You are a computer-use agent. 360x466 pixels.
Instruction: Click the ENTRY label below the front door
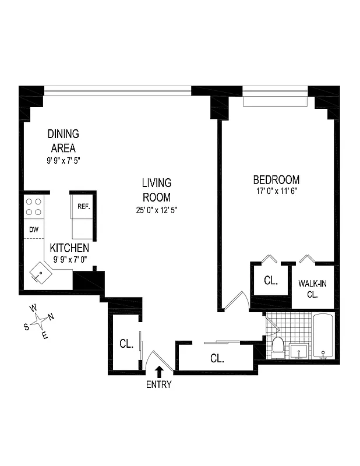coord(158,384)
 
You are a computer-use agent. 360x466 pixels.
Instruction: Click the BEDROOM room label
coord(276,179)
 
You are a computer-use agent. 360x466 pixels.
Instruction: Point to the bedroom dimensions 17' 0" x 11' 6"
coord(276,190)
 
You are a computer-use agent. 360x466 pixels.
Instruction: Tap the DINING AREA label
coord(62,140)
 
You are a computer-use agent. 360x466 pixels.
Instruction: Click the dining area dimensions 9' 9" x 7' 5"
coord(63,159)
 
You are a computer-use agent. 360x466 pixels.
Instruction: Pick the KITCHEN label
coord(69,248)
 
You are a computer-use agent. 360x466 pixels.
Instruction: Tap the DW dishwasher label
coord(34,230)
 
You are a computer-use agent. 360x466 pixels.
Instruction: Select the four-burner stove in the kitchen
coord(34,207)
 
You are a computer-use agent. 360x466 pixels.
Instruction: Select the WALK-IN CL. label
coord(312,289)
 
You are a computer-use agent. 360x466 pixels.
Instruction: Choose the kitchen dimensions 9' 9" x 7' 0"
coord(69,259)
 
